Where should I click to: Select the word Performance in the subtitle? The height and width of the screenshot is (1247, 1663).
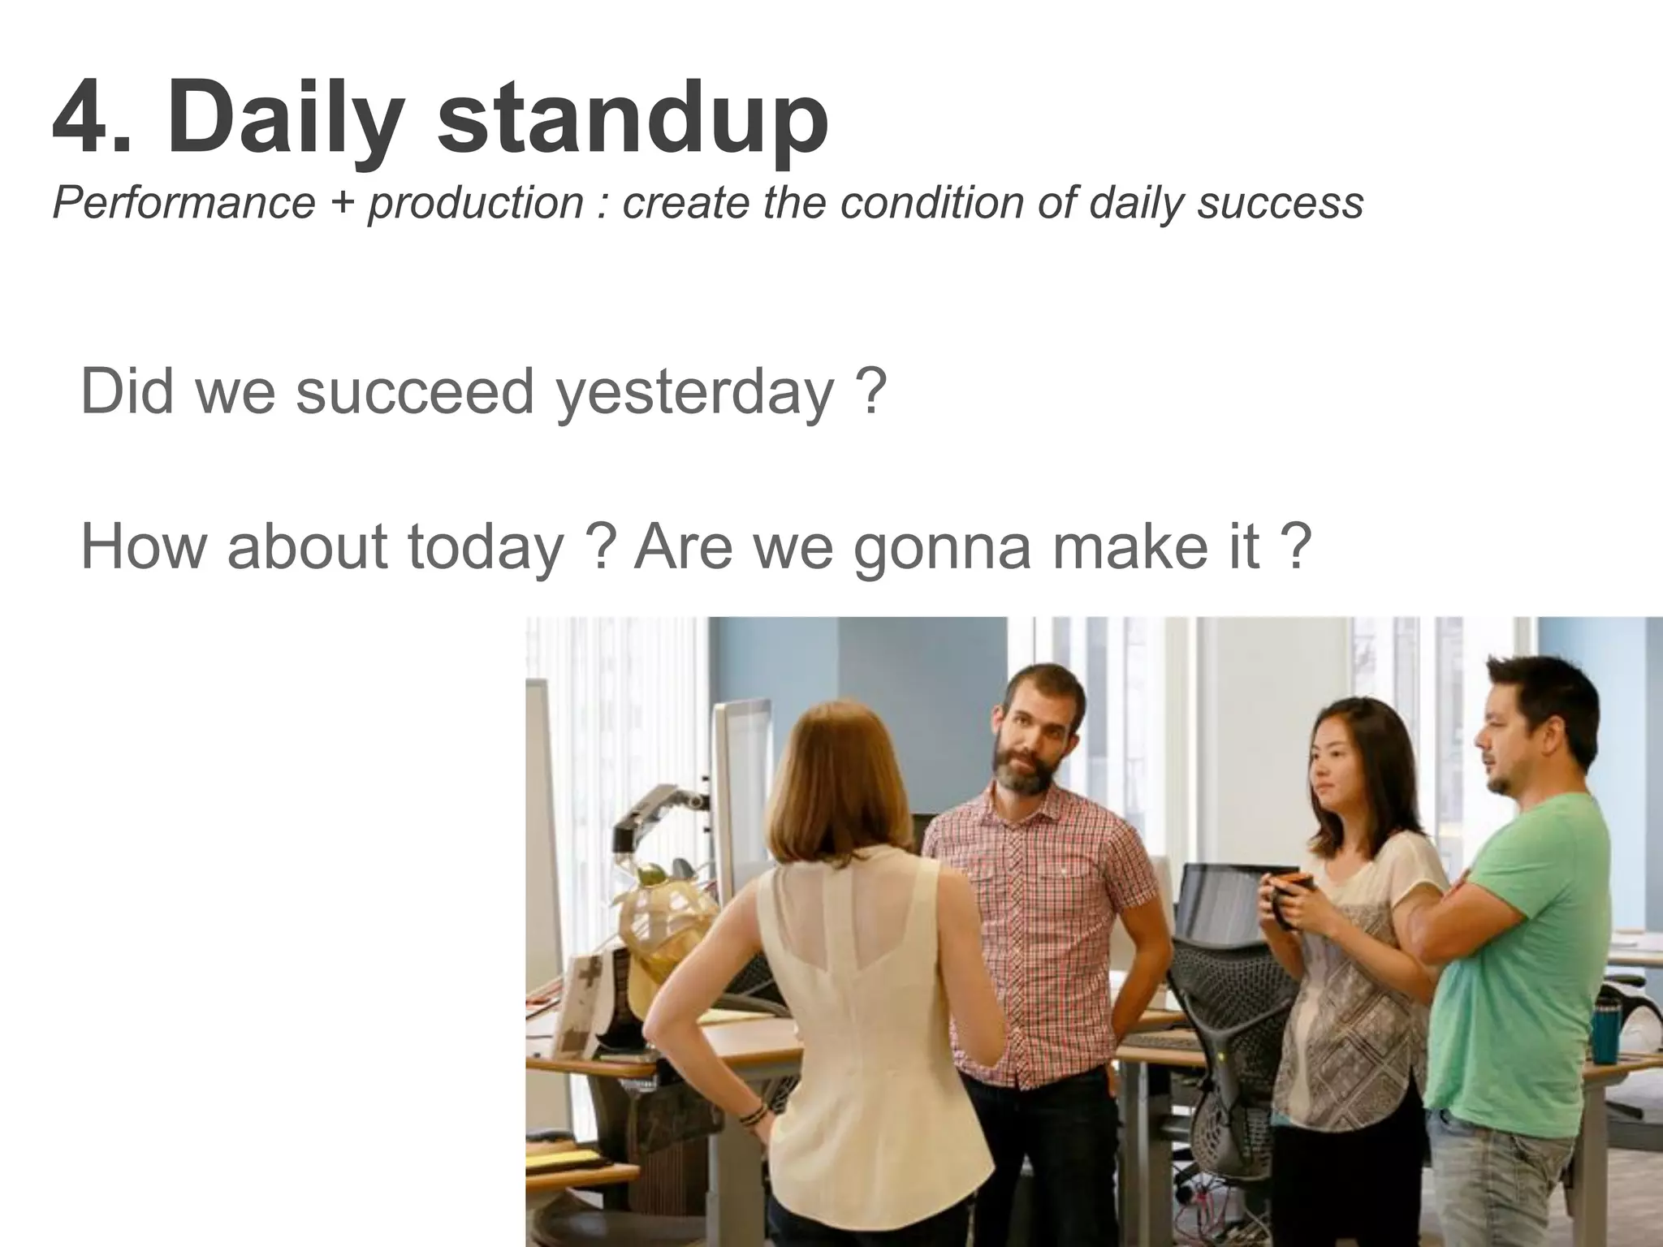[x=184, y=203]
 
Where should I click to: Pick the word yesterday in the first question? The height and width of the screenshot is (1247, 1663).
[x=694, y=393]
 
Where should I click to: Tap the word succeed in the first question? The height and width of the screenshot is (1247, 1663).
[x=413, y=391]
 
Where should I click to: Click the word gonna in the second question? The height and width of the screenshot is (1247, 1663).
[x=942, y=549]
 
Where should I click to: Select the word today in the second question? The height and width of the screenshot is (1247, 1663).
[x=485, y=549]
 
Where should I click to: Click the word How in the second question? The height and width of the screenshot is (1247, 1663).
[x=145, y=547]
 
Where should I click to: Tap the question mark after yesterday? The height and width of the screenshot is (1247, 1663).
[x=870, y=391]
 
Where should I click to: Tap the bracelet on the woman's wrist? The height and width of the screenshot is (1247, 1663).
[x=754, y=1113]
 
